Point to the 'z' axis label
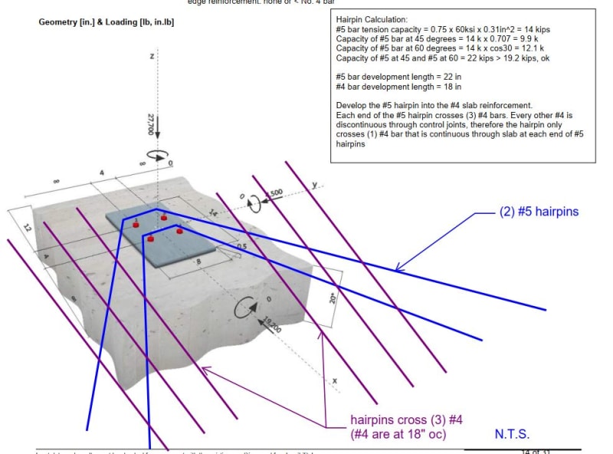(153, 57)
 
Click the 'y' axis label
(315, 185)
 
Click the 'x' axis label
(335, 380)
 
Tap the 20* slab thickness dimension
(333, 297)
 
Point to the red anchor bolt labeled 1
(136, 223)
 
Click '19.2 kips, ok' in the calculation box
(532, 58)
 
